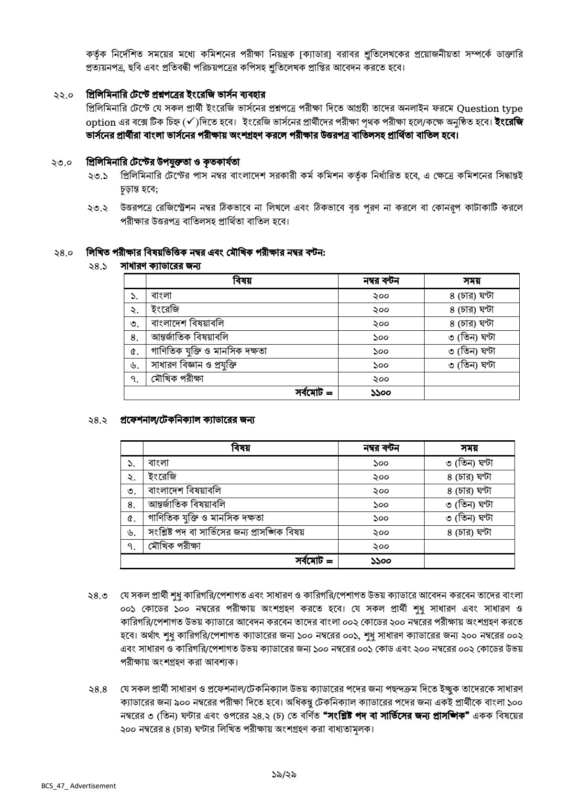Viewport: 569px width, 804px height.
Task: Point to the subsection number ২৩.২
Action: [98, 209]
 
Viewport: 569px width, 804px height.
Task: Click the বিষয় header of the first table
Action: [242, 281]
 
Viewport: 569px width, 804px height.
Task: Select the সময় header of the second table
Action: [469, 448]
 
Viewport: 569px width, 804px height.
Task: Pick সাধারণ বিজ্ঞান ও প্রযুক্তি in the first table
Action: [194, 365]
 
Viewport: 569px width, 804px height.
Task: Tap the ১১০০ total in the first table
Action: [381, 393]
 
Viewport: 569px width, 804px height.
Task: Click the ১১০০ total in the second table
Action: [381, 561]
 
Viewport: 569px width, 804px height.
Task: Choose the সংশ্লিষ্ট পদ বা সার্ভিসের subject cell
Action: [226, 532]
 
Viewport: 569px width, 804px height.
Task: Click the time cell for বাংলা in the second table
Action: [469, 463]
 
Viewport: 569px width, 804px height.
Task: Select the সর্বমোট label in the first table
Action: [313, 393]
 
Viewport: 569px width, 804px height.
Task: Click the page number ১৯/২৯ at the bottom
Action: [284, 775]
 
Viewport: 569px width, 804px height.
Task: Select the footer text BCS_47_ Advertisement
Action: [78, 786]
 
